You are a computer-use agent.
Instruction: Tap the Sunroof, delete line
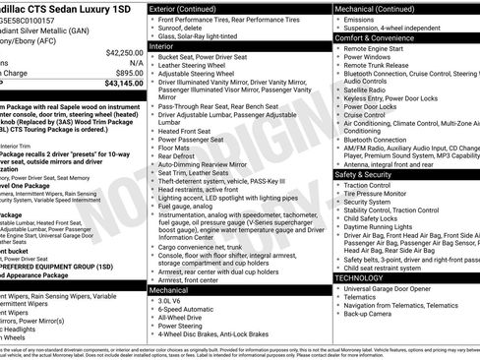(x=185, y=29)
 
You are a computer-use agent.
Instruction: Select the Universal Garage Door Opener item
(x=401, y=289)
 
